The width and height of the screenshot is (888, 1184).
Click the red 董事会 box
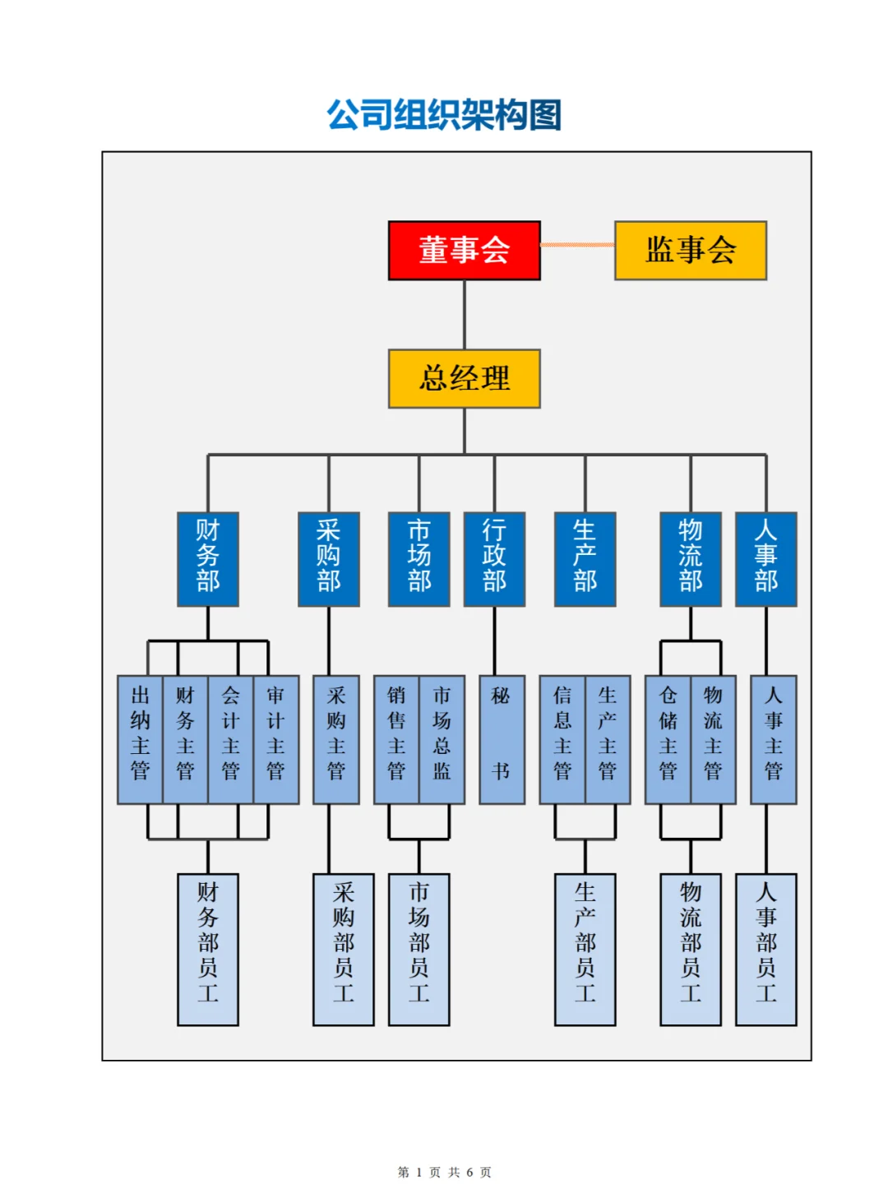[x=464, y=250]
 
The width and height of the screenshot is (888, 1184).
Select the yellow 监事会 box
[x=690, y=250]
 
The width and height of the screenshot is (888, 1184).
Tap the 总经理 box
[x=464, y=378]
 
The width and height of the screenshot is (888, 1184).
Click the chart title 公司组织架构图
[x=444, y=114]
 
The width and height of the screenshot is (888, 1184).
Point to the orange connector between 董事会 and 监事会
[x=577, y=245]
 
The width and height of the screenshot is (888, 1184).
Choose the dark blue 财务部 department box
[x=208, y=559]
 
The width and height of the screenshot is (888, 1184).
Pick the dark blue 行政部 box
[x=494, y=559]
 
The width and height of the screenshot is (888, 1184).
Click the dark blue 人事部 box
[x=765, y=559]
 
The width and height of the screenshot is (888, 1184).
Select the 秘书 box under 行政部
[x=502, y=739]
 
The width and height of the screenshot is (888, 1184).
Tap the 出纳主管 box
[x=141, y=739]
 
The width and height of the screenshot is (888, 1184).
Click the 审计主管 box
[x=275, y=739]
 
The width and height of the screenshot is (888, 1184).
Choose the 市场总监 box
[x=442, y=739]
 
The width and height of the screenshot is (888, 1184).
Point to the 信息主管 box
[x=562, y=739]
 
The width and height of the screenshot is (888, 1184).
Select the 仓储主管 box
[x=668, y=739]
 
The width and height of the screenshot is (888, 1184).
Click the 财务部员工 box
[x=208, y=949]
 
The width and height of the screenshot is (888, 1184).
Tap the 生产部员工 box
[x=585, y=949]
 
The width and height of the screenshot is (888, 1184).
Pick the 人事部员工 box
[x=765, y=949]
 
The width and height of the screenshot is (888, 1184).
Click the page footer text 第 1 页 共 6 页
[x=444, y=1172]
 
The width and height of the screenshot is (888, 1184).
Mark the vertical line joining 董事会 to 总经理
[x=465, y=315]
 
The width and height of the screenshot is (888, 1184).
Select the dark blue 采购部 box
[x=329, y=559]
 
